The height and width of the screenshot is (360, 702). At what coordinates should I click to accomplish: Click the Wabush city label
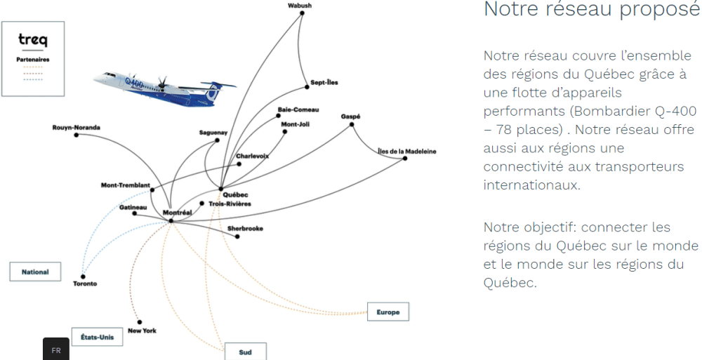point(300,6)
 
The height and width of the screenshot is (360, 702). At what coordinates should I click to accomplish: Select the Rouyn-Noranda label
point(76,128)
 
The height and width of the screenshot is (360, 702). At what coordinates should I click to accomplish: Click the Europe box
point(388,312)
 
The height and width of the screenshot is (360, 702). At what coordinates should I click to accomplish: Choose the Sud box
point(245,352)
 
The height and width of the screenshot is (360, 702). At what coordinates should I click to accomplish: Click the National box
point(35,272)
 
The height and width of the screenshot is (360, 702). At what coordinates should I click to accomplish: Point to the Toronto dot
point(83,276)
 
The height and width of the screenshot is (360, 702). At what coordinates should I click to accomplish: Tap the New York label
point(143,331)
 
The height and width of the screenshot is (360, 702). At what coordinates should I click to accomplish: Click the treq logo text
point(33,41)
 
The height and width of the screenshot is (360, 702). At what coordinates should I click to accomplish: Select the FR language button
point(56,350)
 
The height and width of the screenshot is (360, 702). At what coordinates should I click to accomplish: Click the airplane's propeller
point(162,86)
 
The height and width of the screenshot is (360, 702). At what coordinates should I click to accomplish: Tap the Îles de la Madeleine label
point(406,151)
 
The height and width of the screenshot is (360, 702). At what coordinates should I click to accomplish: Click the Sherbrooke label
point(245,229)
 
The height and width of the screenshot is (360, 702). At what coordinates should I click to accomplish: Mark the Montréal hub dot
point(171,221)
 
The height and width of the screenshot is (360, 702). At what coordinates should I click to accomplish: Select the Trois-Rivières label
point(230,204)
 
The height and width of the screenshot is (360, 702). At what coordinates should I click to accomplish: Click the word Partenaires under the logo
point(33,60)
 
